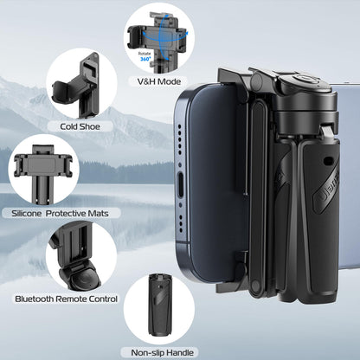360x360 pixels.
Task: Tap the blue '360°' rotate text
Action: [145, 57]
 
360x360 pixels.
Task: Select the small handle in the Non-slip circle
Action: [160, 311]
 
